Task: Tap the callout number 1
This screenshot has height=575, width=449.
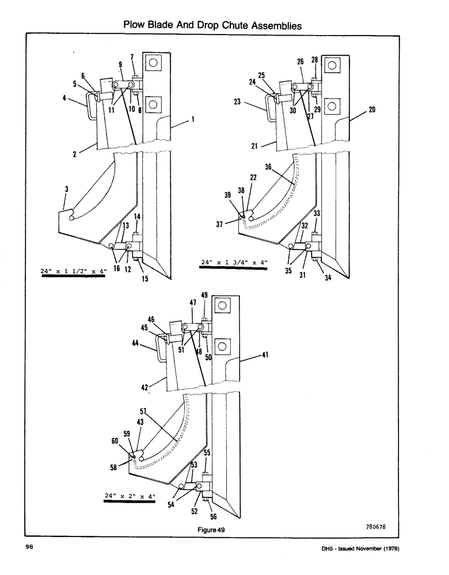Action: pos(192,120)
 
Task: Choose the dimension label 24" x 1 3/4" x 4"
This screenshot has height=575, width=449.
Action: pos(234,263)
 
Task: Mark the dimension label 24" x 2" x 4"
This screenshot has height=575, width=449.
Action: pos(130,496)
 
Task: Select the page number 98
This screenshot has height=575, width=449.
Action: pos(28,548)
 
